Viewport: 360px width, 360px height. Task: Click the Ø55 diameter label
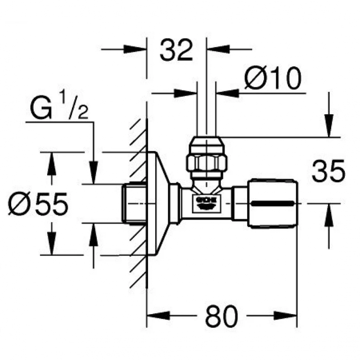point(38,205)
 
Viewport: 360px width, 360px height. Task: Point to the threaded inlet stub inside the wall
point(134,203)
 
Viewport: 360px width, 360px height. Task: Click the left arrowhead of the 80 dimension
point(158,315)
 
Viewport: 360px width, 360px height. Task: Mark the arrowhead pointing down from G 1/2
point(94,174)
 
